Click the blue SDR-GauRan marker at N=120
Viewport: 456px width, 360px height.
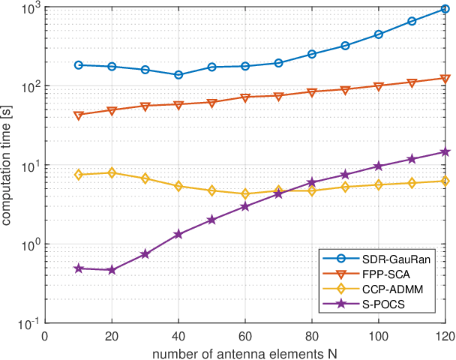pyautogui.click(x=445, y=9)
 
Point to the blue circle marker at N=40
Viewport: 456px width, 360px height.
pyautogui.click(x=178, y=74)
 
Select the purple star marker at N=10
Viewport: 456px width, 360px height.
pyautogui.click(x=79, y=268)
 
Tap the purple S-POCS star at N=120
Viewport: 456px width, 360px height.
pyautogui.click(x=445, y=151)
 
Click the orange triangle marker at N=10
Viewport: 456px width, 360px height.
pyautogui.click(x=79, y=115)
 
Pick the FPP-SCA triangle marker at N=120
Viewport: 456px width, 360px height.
pyautogui.click(x=445, y=79)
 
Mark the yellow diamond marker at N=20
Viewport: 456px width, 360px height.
pyautogui.click(x=112, y=172)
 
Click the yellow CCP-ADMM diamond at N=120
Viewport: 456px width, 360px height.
pyautogui.click(x=445, y=181)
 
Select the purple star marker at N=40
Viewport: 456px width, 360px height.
pyautogui.click(x=178, y=234)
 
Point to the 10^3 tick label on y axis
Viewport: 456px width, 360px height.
pyautogui.click(x=31, y=7)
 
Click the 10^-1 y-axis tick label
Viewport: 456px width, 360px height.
pyautogui.click(x=31, y=324)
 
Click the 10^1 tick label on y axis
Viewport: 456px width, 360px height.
pyautogui.click(x=31, y=166)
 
